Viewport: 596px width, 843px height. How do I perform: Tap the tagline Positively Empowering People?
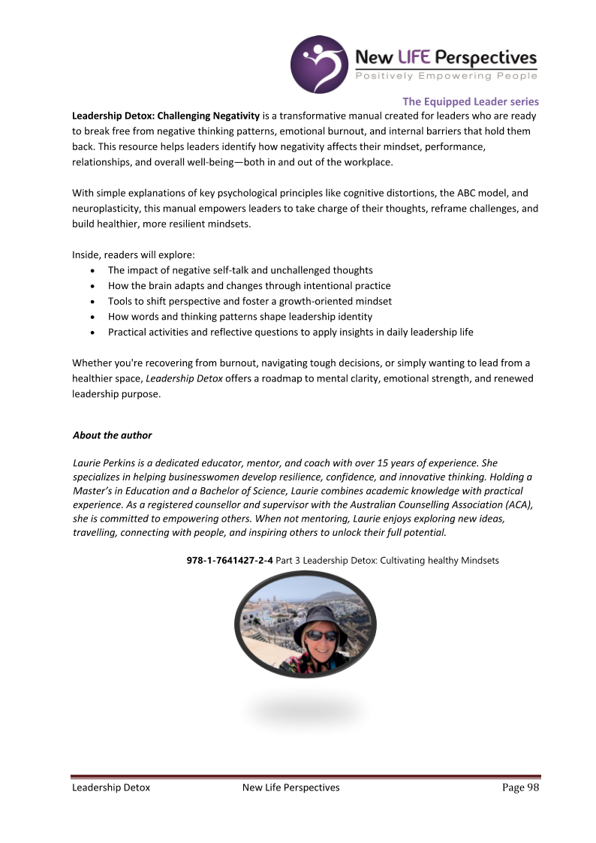[446, 76]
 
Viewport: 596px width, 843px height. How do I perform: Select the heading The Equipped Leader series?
[470, 101]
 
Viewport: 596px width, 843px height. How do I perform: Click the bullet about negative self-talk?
[240, 270]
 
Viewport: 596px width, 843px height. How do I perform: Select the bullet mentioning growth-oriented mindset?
[250, 301]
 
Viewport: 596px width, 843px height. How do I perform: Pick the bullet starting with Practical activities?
[290, 332]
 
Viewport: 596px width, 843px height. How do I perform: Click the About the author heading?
[112, 435]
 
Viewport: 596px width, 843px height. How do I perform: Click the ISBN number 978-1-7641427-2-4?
[230, 561]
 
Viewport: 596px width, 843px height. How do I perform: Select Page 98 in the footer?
[521, 787]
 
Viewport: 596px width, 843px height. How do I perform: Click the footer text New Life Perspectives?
[291, 787]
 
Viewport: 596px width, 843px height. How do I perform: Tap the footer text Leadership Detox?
[111, 787]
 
